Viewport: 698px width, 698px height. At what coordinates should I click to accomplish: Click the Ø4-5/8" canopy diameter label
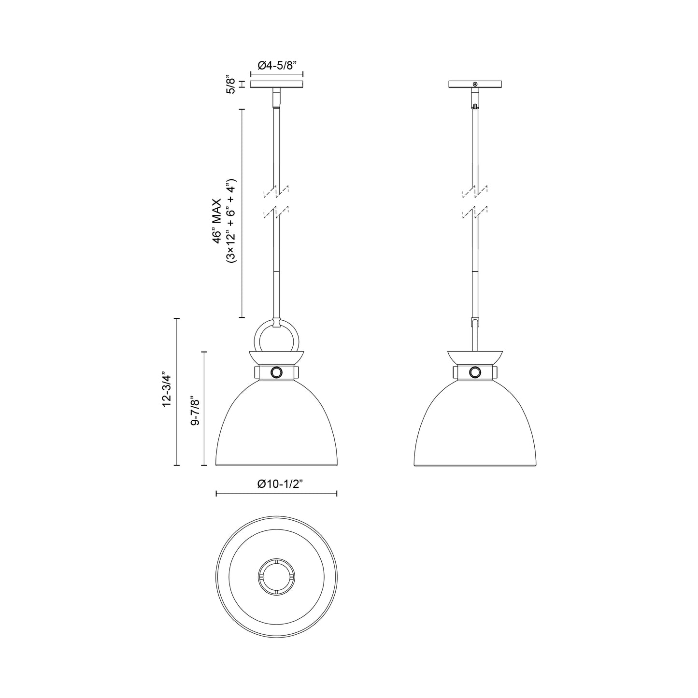(277, 66)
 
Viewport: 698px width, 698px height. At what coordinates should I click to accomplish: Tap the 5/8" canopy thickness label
(231, 85)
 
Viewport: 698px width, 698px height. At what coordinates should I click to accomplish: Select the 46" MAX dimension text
(217, 221)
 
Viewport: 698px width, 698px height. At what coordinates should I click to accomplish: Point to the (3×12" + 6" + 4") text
(231, 220)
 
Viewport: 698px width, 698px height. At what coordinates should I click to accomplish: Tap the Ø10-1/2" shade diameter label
(280, 484)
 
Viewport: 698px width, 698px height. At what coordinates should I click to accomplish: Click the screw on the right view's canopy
(475, 85)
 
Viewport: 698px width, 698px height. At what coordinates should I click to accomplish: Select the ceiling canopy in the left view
(277, 84)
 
